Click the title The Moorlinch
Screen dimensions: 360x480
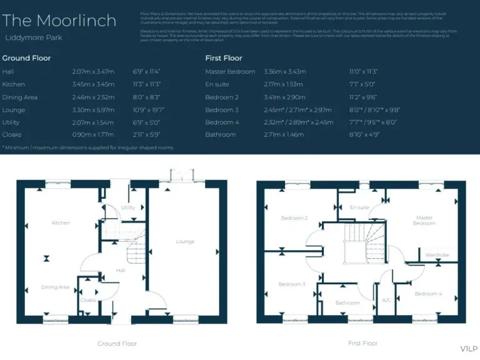59,21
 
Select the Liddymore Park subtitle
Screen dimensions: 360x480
34,38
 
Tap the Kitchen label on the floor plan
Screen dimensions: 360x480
61,223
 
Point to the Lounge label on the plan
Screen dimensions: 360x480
185,241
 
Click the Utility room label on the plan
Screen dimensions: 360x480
128,207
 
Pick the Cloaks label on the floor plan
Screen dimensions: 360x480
88,300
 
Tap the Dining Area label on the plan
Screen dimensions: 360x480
55,287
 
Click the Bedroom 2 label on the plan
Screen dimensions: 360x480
294,218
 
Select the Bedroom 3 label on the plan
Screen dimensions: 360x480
291,284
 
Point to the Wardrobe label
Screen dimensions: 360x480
437,255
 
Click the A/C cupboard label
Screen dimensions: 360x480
386,300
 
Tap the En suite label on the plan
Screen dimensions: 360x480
359,207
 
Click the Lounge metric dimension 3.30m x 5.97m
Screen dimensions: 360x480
93,110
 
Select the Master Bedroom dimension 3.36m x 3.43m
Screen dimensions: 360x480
285,72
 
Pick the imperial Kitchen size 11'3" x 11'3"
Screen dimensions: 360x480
147,84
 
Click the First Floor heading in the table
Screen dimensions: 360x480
224,58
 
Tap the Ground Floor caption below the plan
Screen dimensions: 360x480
117,344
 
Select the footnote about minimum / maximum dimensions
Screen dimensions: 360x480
87,147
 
